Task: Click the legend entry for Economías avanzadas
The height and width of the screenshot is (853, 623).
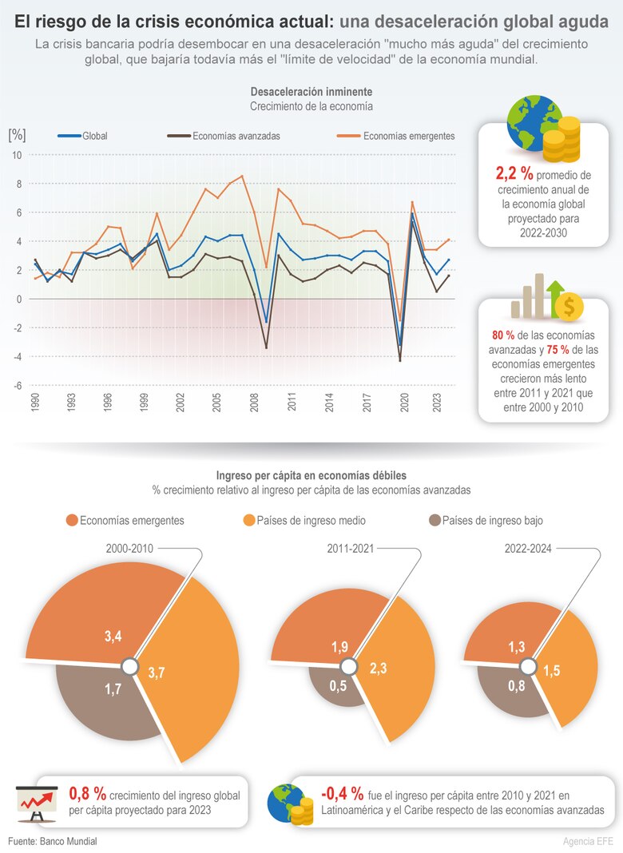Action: coord(236,136)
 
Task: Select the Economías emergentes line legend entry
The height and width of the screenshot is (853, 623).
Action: coord(408,136)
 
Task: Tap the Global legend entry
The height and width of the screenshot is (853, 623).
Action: coord(94,136)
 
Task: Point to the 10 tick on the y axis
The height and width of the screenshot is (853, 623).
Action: coord(16,155)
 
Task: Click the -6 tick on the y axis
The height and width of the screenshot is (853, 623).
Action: coord(16,385)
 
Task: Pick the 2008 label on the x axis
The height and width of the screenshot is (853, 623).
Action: coord(254,402)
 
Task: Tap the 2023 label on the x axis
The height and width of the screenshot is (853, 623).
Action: coord(436,402)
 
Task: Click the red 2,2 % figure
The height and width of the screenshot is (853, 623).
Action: coord(514,173)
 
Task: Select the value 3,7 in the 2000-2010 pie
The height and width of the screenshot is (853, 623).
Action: coord(157,672)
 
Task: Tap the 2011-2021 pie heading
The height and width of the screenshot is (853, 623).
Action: coord(350,549)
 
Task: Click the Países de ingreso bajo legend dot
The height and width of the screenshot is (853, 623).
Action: coord(435,521)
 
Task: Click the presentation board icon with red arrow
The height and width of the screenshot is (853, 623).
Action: coord(37,802)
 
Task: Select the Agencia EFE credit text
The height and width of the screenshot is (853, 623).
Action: coord(589,842)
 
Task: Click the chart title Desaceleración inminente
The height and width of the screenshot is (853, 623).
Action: coord(311,92)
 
